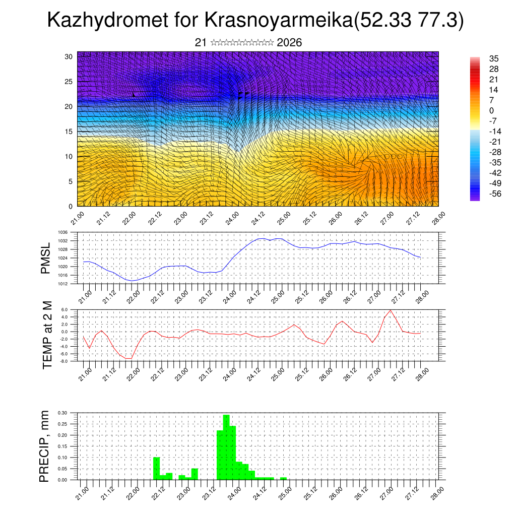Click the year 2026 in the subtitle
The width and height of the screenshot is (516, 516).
[289, 43]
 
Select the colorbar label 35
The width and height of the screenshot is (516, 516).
[494, 59]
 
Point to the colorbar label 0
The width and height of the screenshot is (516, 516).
[491, 111]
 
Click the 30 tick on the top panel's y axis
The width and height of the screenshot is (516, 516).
[69, 56]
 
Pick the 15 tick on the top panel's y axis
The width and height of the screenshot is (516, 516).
[69, 132]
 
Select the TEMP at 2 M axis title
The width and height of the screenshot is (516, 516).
[47, 335]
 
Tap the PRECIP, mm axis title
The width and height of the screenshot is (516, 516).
[45, 445]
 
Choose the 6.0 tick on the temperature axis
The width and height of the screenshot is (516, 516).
[64, 310]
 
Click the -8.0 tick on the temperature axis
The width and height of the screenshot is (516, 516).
[63, 361]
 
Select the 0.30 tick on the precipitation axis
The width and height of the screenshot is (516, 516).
[62, 413]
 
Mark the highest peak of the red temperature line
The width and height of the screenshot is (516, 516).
[391, 310]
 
